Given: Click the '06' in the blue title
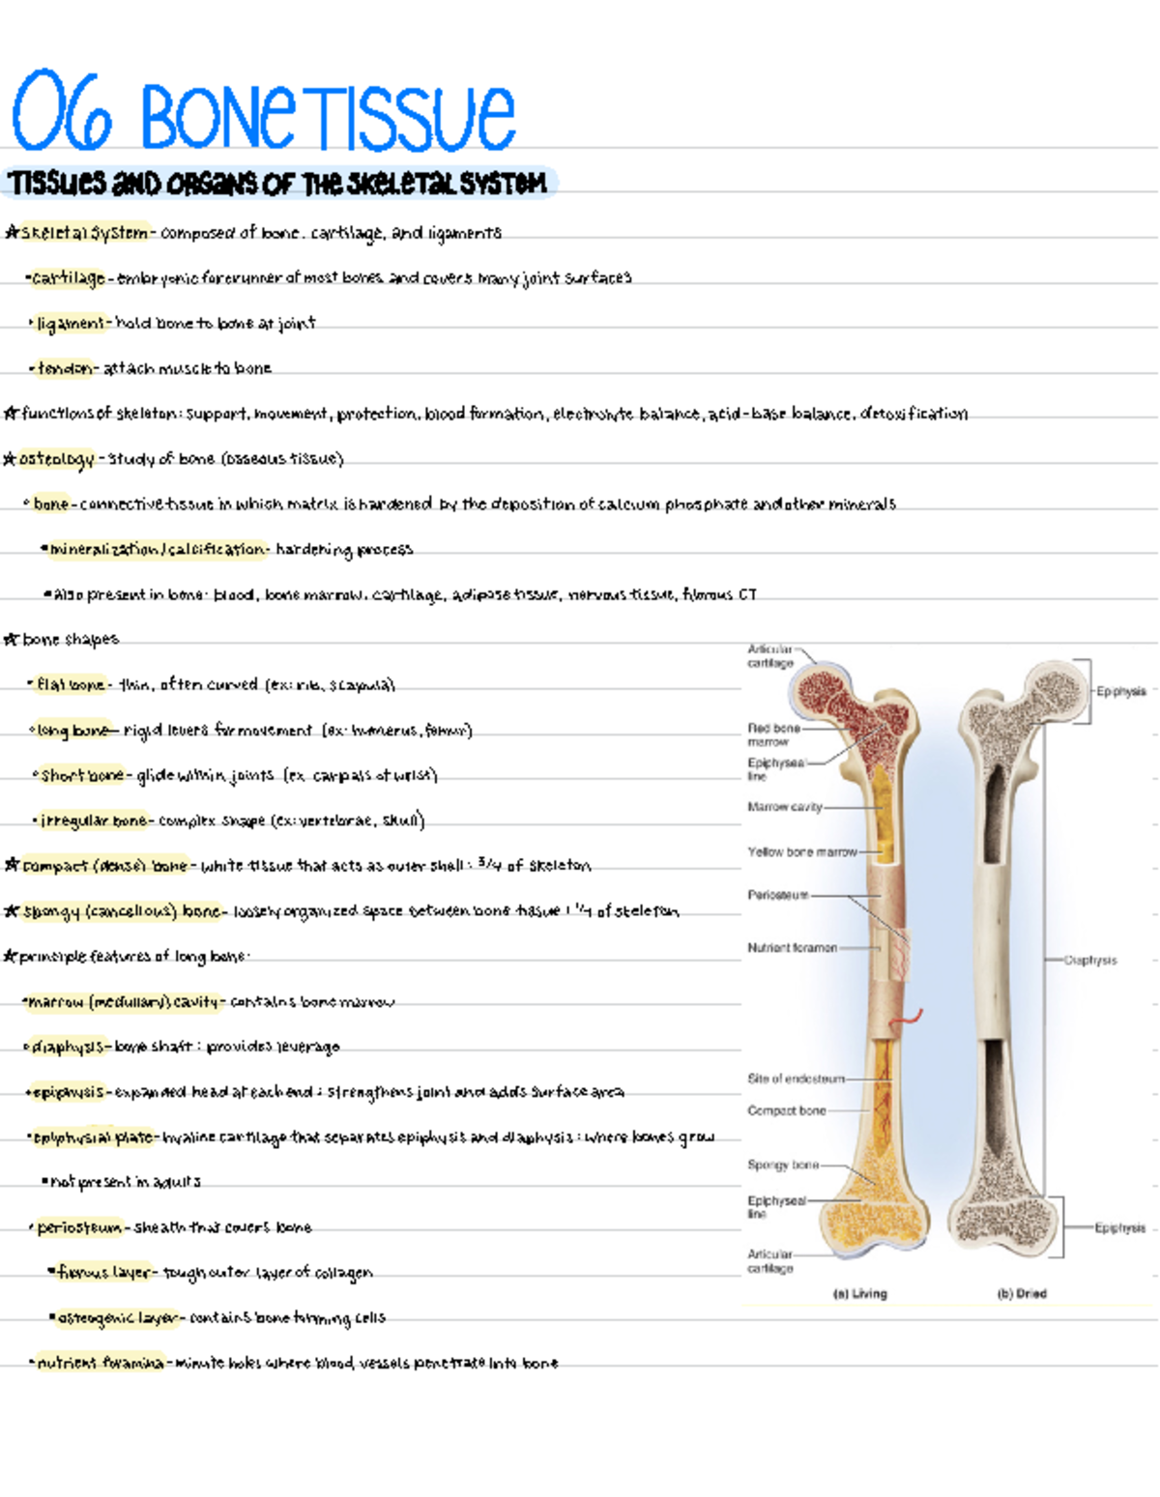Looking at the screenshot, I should pos(62,114).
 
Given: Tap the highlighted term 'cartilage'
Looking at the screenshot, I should pos(68,278).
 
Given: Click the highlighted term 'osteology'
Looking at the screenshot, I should pos(57,459).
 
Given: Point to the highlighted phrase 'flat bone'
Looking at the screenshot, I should pos(71,685).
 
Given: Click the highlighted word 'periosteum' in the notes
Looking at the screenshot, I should pos(79,1228).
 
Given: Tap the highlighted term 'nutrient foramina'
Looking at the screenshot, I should pos(101,1364).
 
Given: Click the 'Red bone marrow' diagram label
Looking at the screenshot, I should pos(773,734).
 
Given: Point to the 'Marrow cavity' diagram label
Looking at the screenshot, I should pos(784,806).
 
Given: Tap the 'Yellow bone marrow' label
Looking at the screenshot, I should pos(801,851).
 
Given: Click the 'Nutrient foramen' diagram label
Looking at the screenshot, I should pos(792,948).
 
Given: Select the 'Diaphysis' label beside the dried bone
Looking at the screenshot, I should pos(1090,960).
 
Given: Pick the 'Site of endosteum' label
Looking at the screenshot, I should pos(796,1079).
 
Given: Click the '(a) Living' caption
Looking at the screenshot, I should pos(859,1293).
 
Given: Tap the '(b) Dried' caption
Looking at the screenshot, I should pos(1022,1293).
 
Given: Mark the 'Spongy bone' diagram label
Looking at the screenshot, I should pos(782,1165).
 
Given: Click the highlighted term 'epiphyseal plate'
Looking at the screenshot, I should pos(94,1137).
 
